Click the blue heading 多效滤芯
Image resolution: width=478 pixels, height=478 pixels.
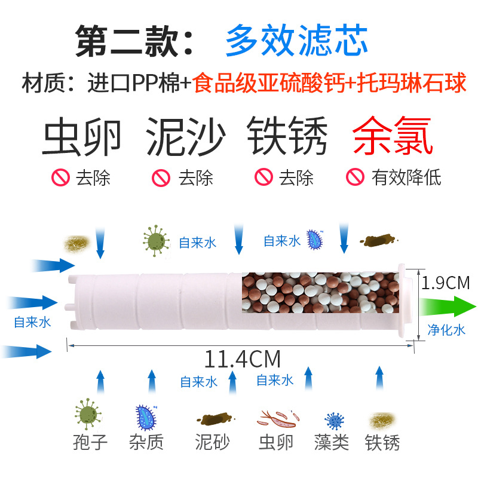296,41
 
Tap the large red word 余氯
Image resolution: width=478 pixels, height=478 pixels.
392,137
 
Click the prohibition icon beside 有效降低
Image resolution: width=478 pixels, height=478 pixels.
356,177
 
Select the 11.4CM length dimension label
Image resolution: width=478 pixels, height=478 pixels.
243,359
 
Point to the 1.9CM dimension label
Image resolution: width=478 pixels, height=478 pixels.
446,283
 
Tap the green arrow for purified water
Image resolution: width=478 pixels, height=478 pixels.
446,307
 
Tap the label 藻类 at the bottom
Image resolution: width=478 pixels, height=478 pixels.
332,442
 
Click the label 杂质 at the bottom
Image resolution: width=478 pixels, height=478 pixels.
146,442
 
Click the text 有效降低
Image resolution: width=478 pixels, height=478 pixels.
406,177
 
